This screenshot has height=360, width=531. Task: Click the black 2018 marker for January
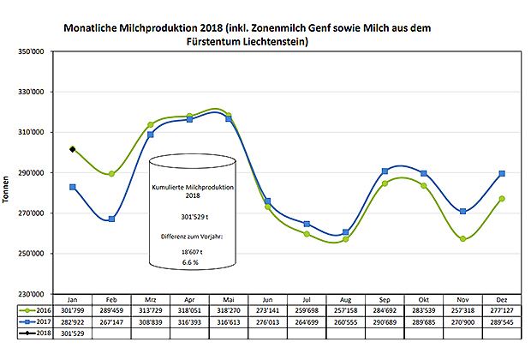pos(73,149)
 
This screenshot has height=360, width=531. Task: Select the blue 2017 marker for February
pos(112,219)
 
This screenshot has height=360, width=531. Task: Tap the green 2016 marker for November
pos(462,239)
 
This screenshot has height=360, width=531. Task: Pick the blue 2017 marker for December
pos(502,174)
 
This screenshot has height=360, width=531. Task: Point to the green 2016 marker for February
pos(112,174)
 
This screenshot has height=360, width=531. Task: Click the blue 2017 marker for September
pos(385,171)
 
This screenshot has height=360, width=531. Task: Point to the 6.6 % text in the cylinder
pos(191,264)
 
